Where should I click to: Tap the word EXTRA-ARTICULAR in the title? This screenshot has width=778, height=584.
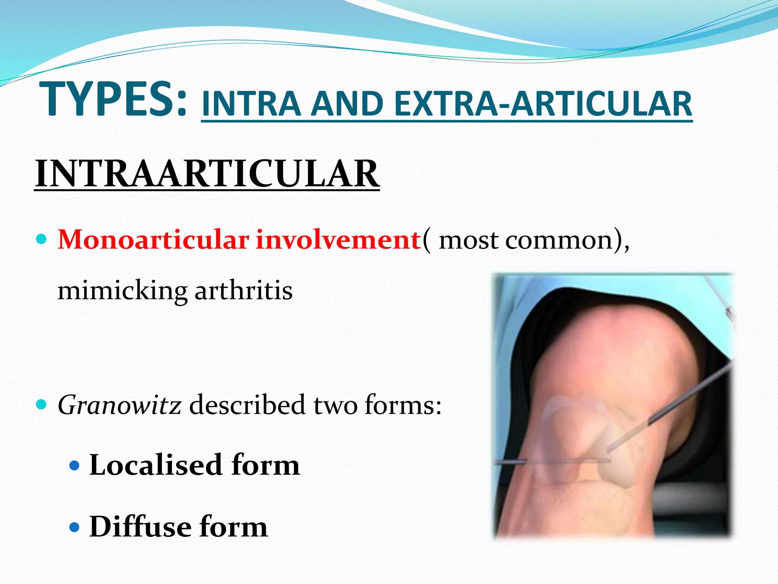coord(543,104)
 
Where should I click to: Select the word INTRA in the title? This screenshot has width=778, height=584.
coord(251,104)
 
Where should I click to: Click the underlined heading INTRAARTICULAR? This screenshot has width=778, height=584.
coord(207,174)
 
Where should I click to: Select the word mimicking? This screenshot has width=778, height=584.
coord(122,291)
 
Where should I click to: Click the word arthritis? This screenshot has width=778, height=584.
coord(244,291)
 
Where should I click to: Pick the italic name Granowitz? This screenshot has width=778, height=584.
coord(119,405)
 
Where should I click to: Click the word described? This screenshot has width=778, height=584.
coord(247,405)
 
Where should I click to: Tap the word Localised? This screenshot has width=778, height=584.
coord(156,465)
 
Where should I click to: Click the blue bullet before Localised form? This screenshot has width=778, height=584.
coord(75,465)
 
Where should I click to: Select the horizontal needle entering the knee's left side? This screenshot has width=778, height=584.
coord(511,462)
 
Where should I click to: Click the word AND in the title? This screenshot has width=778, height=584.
coord(347,104)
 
